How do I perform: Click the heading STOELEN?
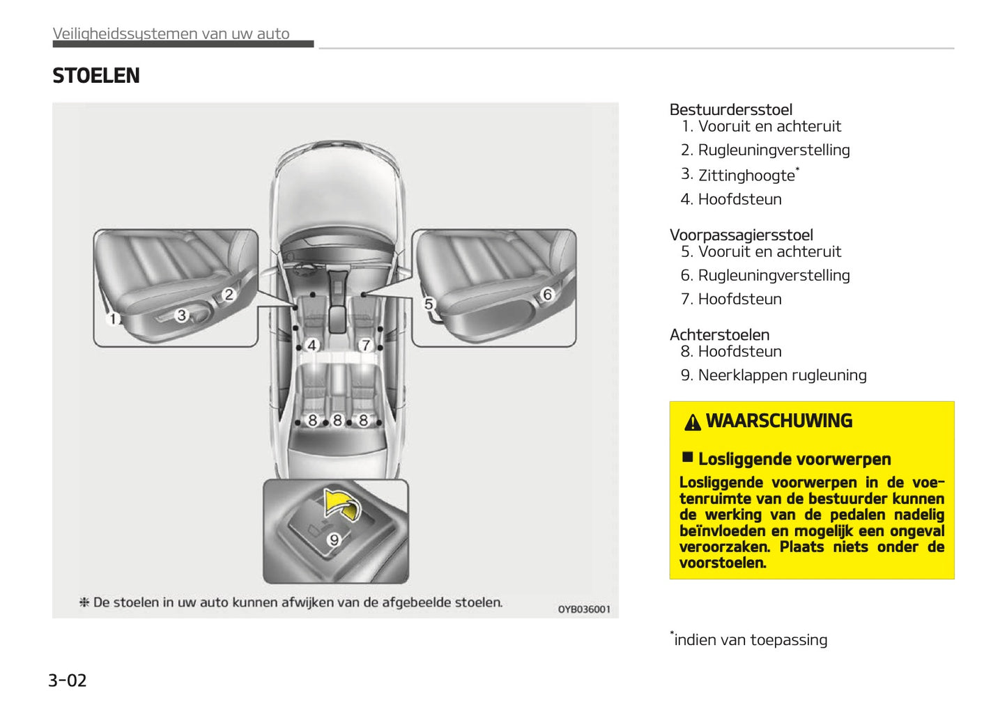(x=96, y=76)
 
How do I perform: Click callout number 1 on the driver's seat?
(x=113, y=319)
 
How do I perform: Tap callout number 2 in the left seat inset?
(x=228, y=295)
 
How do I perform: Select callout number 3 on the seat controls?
(x=182, y=315)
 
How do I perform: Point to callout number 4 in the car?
(x=312, y=345)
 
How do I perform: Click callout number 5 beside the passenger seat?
(x=429, y=304)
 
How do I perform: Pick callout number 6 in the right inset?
(x=547, y=295)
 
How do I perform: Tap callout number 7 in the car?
(x=365, y=345)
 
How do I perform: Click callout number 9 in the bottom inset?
(x=335, y=540)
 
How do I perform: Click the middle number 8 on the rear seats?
(x=337, y=421)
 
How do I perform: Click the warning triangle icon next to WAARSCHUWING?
(x=692, y=422)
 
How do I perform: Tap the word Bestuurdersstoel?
(x=730, y=109)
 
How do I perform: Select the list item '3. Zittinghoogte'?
(x=739, y=175)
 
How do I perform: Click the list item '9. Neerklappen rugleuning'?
(x=774, y=375)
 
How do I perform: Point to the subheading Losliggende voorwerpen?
(x=794, y=459)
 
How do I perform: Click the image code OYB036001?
(x=583, y=609)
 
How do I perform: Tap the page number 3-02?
(x=67, y=680)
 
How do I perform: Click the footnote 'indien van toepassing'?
(x=750, y=639)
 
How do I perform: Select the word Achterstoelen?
(x=719, y=334)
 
